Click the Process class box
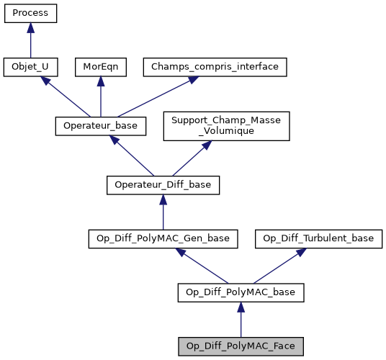[x=30, y=14]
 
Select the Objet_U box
[x=30, y=67]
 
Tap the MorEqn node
[x=100, y=67]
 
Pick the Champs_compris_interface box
[x=215, y=67]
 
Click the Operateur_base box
[x=101, y=126]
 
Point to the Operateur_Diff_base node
[x=163, y=185]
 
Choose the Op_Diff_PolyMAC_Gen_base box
[x=163, y=239]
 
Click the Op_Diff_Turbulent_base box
[x=318, y=239]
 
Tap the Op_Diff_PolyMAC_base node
[x=241, y=292]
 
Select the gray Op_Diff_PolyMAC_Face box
[x=241, y=346]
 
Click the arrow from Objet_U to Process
[x=30, y=40]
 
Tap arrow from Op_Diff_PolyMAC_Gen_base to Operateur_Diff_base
[x=163, y=212]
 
